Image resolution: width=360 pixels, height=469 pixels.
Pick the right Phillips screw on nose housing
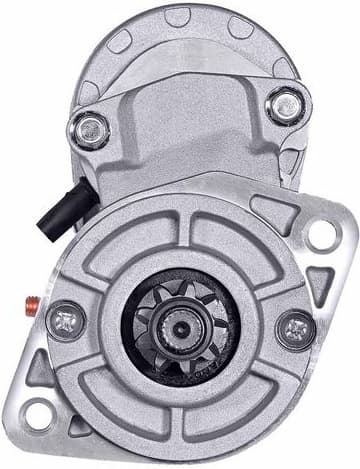pos(296,326)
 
